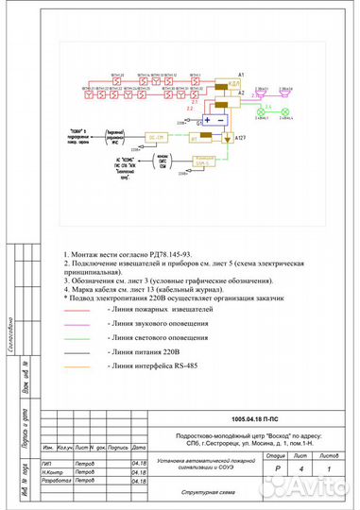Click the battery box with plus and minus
[212, 120]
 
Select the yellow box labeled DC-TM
[157, 137]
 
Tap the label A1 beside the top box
[242, 75]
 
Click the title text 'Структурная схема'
[196, 492]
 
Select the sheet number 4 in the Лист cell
[301, 468]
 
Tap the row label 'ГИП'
[47, 463]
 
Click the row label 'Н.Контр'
[52, 471]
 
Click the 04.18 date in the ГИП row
[139, 463]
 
